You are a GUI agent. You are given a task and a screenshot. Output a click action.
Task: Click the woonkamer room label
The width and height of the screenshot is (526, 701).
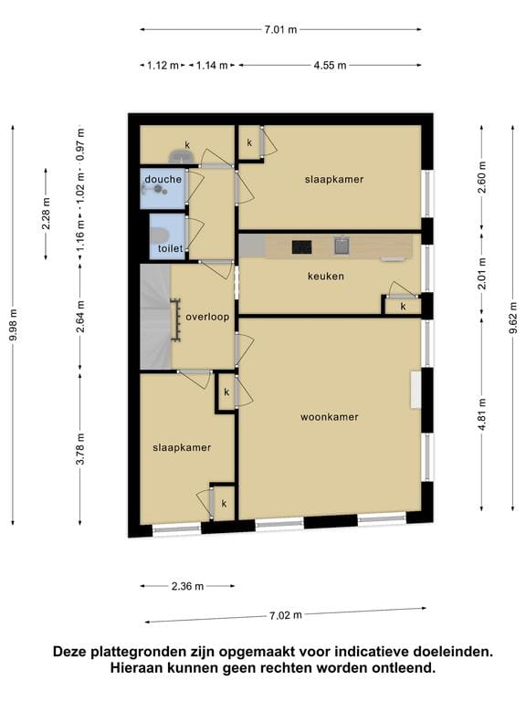(x=329, y=417)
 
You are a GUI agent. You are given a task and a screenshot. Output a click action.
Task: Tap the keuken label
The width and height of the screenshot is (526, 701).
(x=326, y=277)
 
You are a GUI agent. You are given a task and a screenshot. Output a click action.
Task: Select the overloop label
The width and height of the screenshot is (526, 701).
(x=207, y=317)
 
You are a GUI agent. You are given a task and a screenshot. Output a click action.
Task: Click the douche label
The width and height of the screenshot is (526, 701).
(x=163, y=179)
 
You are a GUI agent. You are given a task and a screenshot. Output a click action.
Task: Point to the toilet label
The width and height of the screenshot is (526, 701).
(x=171, y=248)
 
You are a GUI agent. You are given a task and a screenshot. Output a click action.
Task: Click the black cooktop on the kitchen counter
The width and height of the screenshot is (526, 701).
(x=302, y=246)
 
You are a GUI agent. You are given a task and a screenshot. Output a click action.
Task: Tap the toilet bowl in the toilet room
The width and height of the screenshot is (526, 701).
(x=157, y=235)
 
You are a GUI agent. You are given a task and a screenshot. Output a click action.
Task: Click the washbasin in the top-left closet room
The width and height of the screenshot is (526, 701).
(x=181, y=156)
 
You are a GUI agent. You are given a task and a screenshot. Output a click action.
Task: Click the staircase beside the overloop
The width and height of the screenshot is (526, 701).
(x=155, y=317)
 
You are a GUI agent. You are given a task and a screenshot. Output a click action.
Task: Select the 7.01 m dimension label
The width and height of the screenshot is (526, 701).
(x=280, y=30)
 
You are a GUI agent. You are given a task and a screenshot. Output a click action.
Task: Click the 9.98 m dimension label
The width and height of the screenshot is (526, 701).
(x=13, y=325)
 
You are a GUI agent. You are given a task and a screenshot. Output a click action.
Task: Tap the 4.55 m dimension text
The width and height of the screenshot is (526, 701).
(x=330, y=66)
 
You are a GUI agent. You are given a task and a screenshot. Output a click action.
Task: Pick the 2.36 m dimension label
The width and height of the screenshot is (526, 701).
(x=187, y=586)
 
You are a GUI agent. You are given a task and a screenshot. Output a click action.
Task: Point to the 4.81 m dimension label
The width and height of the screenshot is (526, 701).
(x=482, y=414)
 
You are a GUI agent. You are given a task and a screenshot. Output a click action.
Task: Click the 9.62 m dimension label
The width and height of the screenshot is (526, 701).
(x=513, y=318)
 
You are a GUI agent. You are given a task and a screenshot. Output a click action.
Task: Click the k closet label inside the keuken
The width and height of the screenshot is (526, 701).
(x=403, y=307)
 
